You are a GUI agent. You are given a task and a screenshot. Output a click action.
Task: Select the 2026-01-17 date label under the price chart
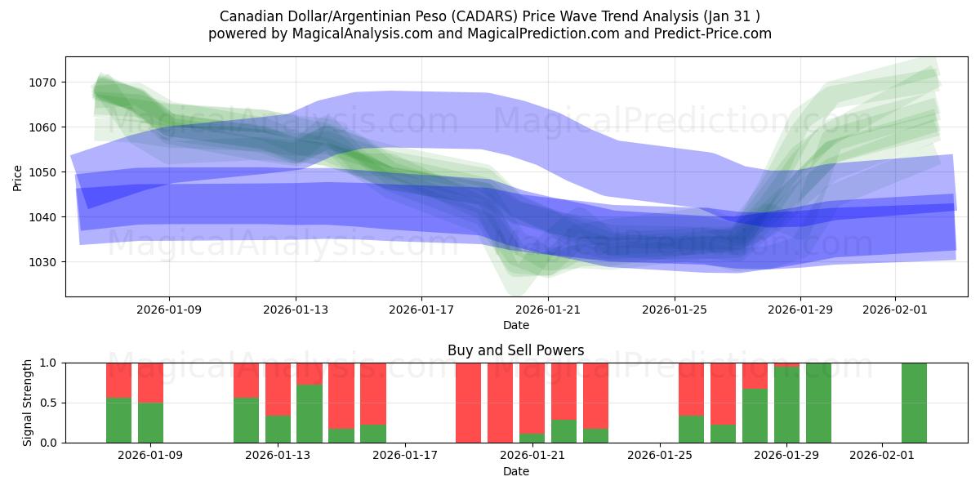[x=421, y=310]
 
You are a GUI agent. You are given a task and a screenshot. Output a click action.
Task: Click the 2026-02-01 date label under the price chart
[x=895, y=310]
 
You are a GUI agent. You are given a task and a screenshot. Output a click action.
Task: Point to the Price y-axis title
[x=18, y=176]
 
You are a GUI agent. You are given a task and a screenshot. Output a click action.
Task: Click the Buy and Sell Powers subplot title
[x=515, y=350]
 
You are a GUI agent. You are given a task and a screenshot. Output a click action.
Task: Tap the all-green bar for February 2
[x=914, y=403]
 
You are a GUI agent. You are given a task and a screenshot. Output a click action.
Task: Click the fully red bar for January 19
[x=468, y=403]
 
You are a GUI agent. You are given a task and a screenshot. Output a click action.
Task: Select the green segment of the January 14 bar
[x=310, y=414]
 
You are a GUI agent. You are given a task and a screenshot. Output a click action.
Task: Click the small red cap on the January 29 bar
[x=786, y=365]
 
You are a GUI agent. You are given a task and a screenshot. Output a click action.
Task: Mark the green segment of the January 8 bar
[x=119, y=421]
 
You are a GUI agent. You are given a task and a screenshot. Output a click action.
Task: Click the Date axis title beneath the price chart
[x=515, y=325]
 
